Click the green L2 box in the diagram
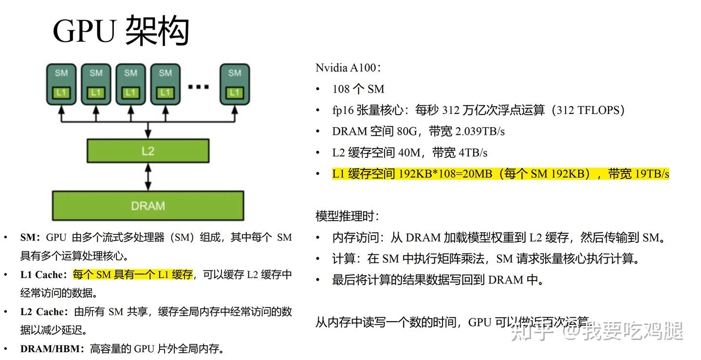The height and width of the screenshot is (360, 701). (148, 151)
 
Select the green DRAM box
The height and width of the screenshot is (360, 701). (148, 206)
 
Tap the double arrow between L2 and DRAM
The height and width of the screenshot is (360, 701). (148, 177)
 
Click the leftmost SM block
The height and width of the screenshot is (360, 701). (61, 84)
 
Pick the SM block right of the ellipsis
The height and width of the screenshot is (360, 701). (235, 84)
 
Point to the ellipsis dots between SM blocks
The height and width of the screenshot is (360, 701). (198, 87)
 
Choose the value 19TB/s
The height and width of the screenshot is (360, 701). (652, 174)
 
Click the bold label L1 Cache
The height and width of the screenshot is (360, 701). (43, 275)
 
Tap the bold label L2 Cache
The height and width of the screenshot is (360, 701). (43, 312)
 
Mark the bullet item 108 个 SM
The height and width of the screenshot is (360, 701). (358, 89)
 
